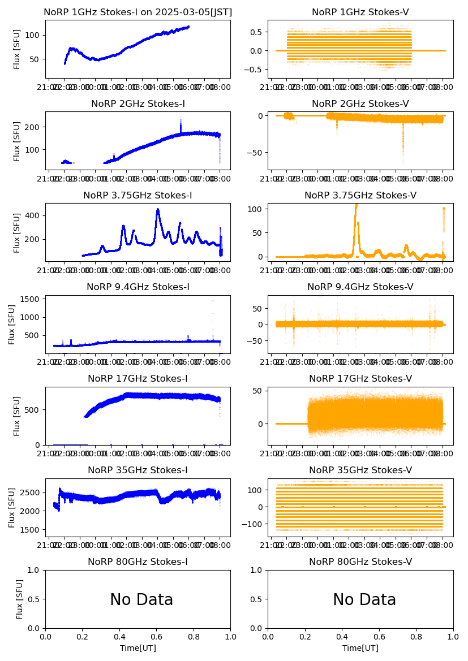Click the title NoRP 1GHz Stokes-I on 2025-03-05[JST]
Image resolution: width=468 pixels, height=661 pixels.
pyautogui.click(x=138, y=12)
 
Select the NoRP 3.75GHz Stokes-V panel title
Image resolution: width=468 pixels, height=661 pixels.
pyautogui.click(x=360, y=195)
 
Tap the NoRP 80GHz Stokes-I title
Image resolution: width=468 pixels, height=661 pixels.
pyautogui.click(x=138, y=561)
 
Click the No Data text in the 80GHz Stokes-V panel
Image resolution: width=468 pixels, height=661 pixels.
pyautogui.click(x=364, y=600)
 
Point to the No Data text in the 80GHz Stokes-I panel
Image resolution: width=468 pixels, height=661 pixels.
pyautogui.click(x=141, y=600)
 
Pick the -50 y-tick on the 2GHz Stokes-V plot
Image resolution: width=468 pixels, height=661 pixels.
pyautogui.click(x=256, y=152)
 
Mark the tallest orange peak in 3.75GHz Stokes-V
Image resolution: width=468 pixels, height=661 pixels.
pyautogui.click(x=356, y=205)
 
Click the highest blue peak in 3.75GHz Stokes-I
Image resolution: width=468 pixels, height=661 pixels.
pyautogui.click(x=158, y=209)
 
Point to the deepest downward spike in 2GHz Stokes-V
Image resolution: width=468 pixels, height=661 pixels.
pyautogui.click(x=403, y=162)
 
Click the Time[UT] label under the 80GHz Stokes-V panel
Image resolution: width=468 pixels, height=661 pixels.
pyautogui.click(x=360, y=648)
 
